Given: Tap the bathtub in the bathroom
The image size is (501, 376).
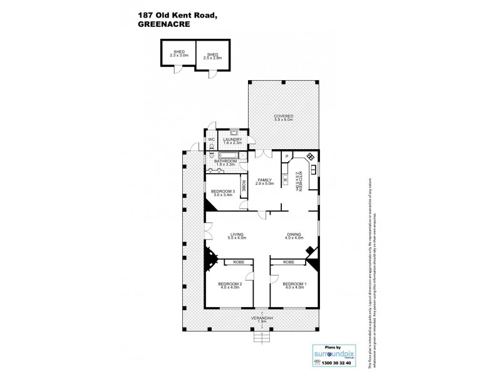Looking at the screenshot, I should (x=226, y=154).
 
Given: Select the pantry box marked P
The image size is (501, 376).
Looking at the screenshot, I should (x=286, y=157).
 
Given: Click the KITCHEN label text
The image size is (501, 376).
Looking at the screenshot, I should (x=300, y=180).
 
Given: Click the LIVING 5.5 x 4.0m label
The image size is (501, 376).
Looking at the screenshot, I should (x=237, y=236).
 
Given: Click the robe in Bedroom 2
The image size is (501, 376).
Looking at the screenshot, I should (x=238, y=262).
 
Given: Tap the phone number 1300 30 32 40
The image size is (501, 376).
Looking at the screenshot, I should (x=331, y=362).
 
